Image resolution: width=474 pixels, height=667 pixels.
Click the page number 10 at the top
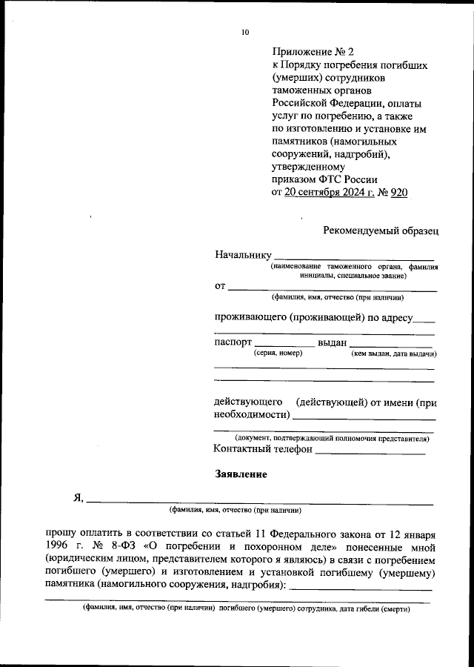click(245, 33)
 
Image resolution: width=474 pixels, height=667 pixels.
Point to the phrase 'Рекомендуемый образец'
click(381, 230)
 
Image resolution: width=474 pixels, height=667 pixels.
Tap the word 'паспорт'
click(233, 343)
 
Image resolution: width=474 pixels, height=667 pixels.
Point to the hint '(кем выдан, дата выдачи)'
click(393, 355)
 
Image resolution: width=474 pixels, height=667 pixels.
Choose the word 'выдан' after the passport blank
click(332, 343)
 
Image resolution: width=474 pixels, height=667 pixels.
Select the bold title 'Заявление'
click(241, 474)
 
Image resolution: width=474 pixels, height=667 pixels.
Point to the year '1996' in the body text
click(58, 546)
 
